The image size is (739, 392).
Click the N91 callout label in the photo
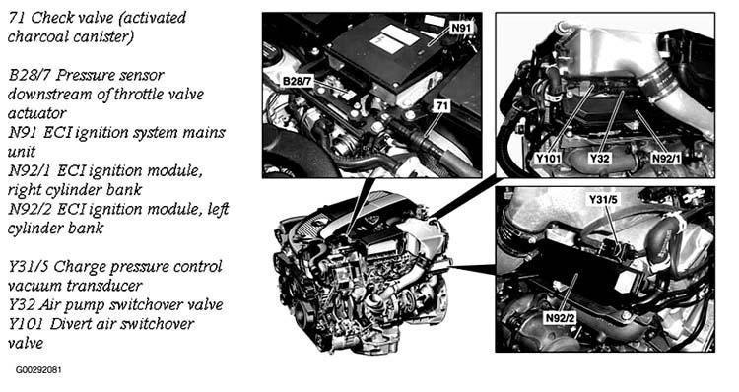(x=461, y=28)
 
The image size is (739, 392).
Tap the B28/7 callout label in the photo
(x=297, y=81)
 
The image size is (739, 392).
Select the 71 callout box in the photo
(x=441, y=106)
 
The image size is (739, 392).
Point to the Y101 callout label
(x=548, y=159)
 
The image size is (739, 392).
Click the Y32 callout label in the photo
(x=599, y=159)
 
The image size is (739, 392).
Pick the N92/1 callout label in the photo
(x=666, y=159)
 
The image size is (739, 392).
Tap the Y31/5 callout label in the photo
(x=603, y=200)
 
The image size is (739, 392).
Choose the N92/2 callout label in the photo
(x=560, y=318)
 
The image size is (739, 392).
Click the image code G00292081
(x=38, y=370)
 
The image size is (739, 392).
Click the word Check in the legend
(x=51, y=18)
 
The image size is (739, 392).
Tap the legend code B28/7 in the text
(x=30, y=75)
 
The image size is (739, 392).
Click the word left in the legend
(x=218, y=209)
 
